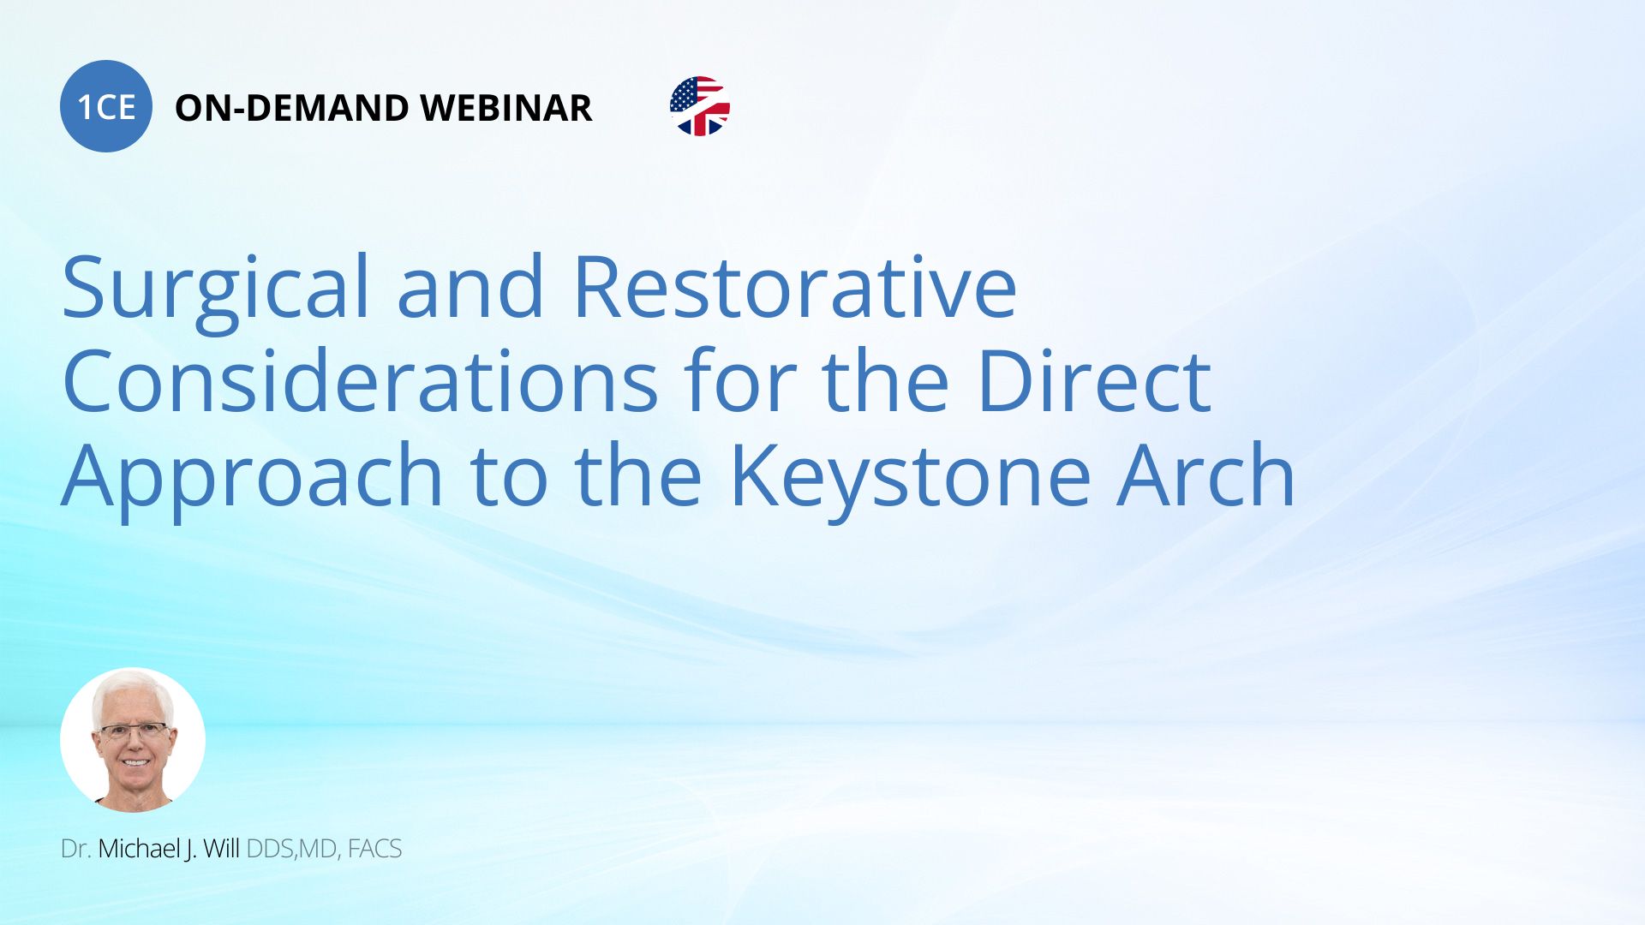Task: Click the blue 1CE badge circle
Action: [x=106, y=106]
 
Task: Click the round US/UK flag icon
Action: [x=700, y=106]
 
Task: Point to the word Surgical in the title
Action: [x=215, y=291]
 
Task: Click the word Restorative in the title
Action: [x=794, y=286]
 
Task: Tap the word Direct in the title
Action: [x=1094, y=380]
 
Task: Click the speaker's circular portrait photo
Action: [x=133, y=740]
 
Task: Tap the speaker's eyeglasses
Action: [x=135, y=731]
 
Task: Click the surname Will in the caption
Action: [x=221, y=849]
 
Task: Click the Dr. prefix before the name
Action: [x=75, y=849]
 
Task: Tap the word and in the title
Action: [x=470, y=286]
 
